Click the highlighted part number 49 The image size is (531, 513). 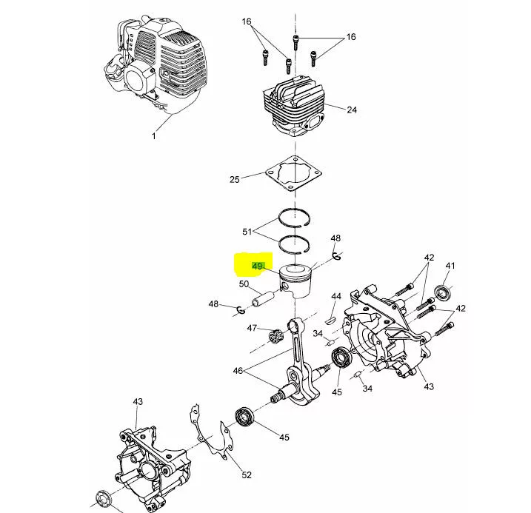258,266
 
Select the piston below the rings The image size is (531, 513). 295,281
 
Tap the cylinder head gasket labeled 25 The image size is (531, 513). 293,174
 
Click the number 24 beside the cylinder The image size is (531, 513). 352,110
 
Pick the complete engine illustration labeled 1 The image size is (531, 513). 155,64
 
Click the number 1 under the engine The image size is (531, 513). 154,136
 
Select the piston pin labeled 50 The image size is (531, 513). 263,298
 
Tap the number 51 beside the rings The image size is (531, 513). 247,232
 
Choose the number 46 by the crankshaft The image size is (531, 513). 238,371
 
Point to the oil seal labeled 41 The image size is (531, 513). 443,293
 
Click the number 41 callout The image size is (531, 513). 450,266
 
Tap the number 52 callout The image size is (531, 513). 247,475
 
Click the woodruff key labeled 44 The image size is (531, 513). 330,320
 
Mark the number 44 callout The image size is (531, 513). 336,296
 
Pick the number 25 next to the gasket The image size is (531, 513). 235,179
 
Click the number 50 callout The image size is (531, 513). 244,284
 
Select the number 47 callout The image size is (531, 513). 252,328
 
